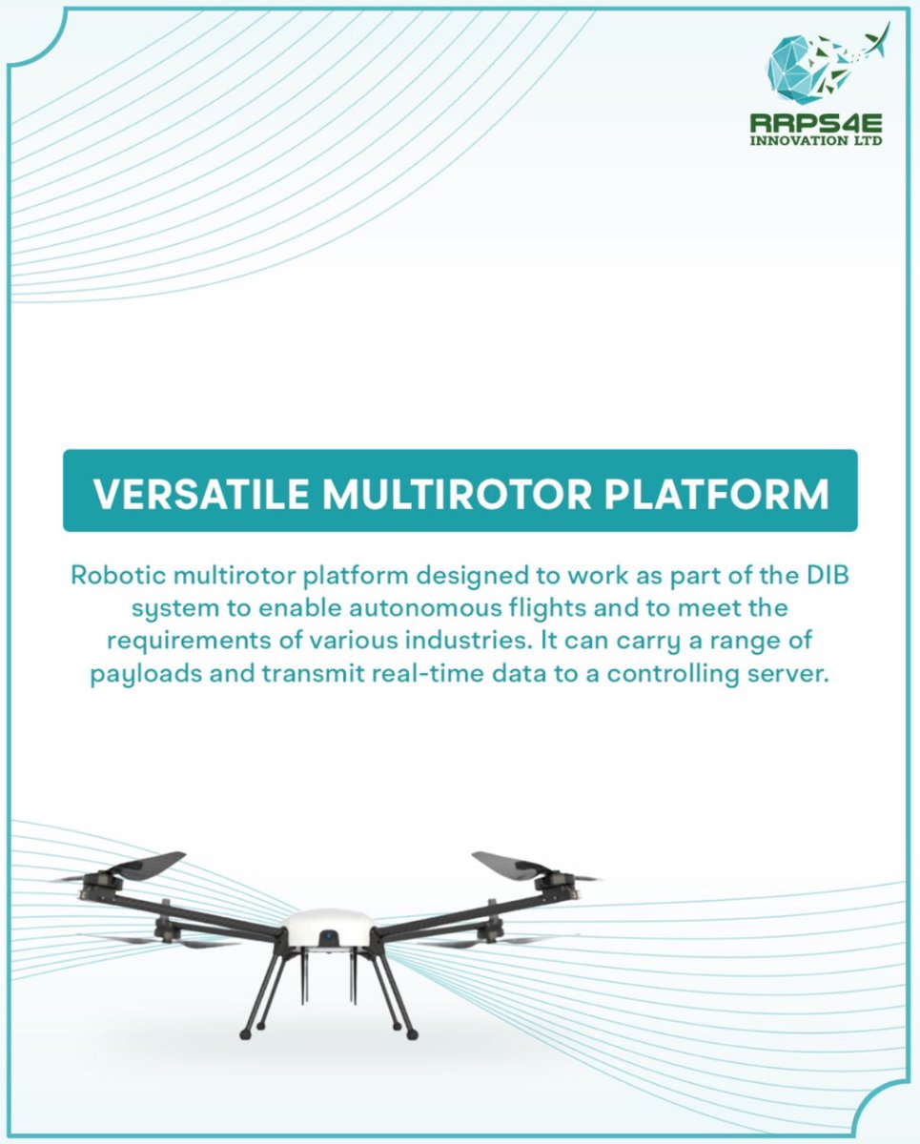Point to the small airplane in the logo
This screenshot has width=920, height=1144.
pyautogui.click(x=872, y=43)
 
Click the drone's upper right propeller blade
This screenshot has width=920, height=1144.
pyautogui.click(x=514, y=865)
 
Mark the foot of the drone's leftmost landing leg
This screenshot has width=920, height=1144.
pyautogui.click(x=244, y=1032)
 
